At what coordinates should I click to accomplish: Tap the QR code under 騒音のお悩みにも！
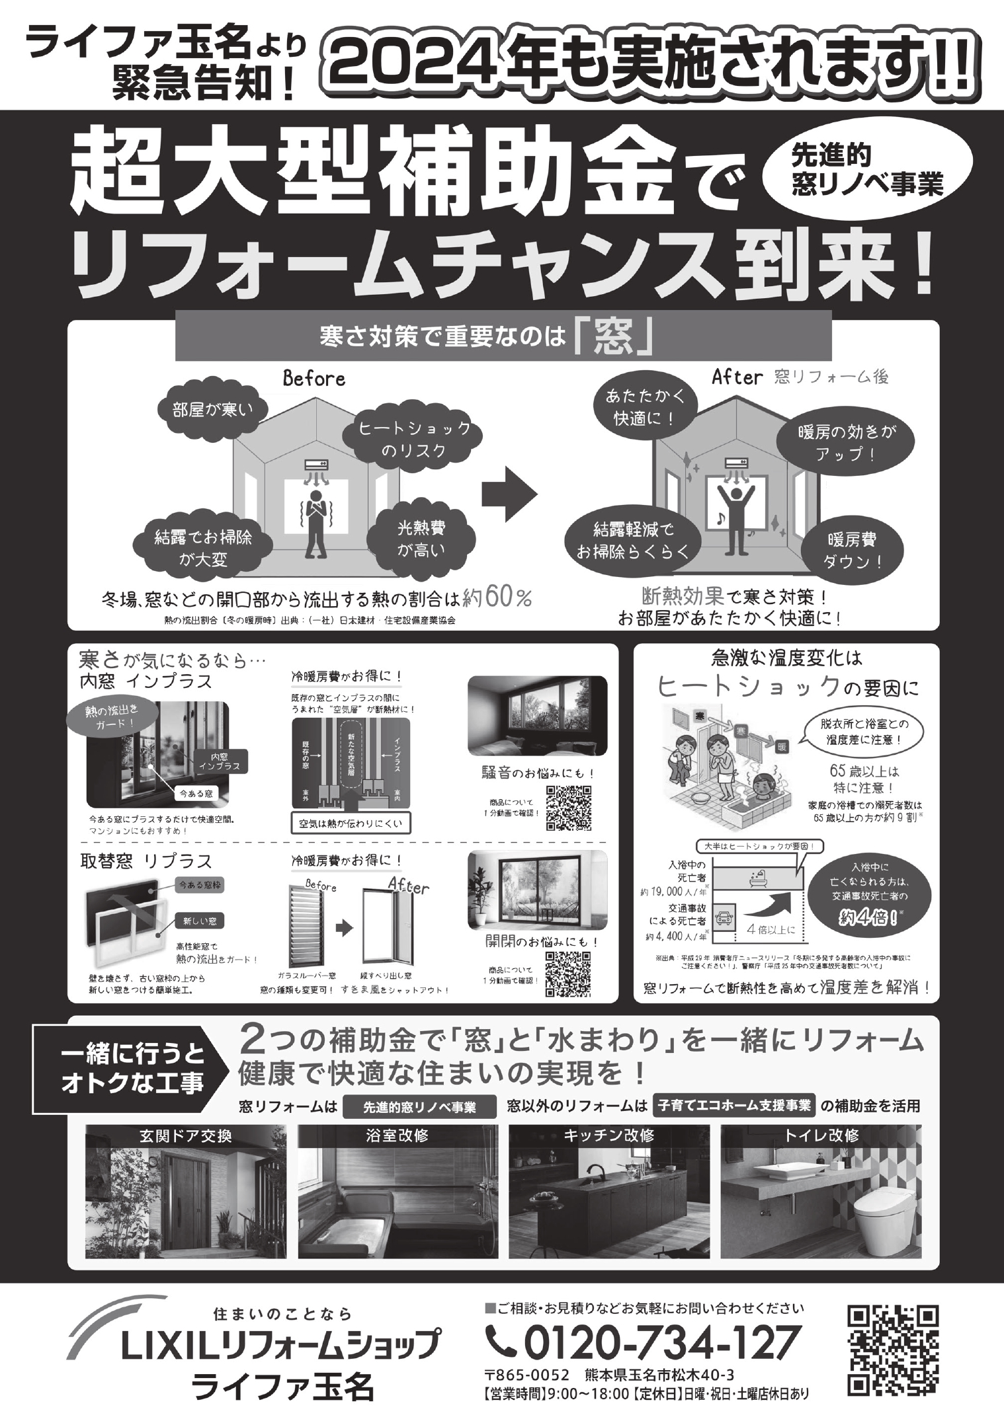(569, 808)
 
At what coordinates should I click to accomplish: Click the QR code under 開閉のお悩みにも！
(569, 975)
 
